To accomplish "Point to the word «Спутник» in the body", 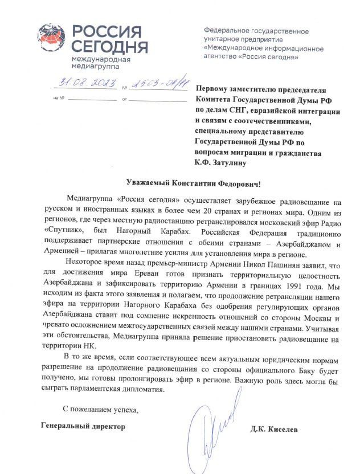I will click(x=62, y=232).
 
